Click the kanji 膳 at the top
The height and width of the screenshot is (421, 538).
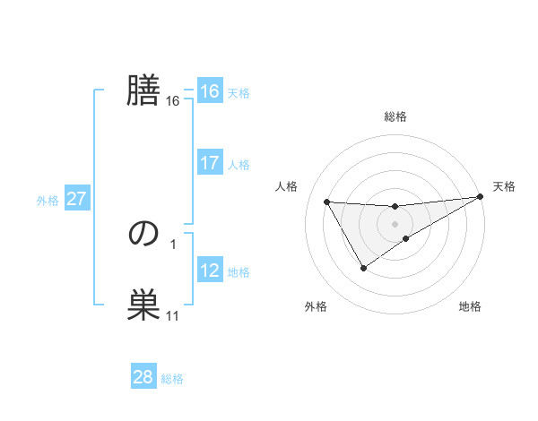point(143,90)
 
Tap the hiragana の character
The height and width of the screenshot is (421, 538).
point(143,234)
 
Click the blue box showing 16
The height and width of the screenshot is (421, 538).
point(209,91)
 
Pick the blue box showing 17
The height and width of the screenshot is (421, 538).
point(209,163)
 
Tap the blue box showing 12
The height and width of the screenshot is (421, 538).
point(209,271)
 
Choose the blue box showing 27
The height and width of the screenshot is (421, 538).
point(76,199)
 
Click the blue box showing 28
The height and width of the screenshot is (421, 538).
point(143,377)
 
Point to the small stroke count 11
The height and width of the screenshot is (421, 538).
point(172,316)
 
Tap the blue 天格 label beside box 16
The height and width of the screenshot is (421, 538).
point(239,93)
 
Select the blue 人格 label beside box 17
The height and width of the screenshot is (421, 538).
point(239,165)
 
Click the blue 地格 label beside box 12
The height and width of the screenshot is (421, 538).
point(239,272)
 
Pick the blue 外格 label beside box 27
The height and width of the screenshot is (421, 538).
point(48,201)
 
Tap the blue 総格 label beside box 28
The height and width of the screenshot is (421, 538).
point(172,379)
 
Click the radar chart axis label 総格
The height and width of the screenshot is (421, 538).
point(395,116)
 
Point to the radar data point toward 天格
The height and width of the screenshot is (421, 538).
point(480,196)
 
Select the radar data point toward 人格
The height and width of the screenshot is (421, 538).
point(326,202)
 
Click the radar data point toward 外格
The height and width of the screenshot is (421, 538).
point(363,268)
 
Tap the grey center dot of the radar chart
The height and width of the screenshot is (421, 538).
point(395,223)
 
